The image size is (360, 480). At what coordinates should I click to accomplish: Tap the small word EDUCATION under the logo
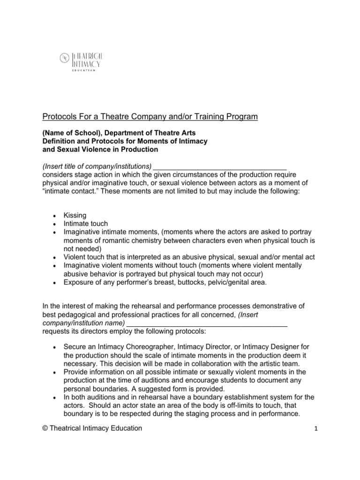coord(84,70)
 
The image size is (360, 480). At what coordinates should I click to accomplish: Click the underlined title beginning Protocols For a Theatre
coord(150,117)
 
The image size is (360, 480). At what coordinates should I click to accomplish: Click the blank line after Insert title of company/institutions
coord(220,166)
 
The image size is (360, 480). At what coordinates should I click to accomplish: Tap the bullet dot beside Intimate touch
coord(55,224)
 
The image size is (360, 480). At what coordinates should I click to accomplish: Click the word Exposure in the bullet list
coord(79,282)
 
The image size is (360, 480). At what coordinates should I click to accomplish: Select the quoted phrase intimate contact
coord(70,192)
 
